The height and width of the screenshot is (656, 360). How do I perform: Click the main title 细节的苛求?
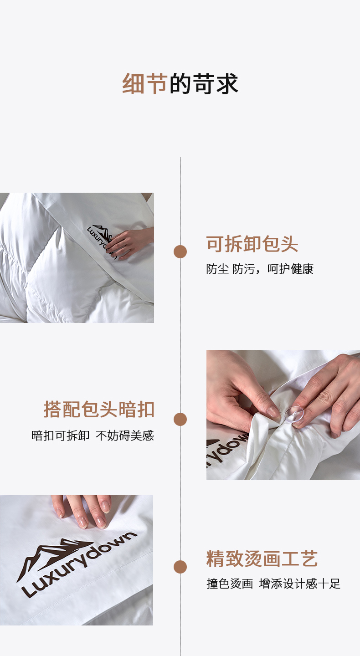180,84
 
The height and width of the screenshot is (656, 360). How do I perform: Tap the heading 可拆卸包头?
252,244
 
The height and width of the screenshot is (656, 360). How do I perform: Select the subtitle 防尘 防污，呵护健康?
260,269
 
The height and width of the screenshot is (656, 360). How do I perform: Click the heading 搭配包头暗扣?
99,409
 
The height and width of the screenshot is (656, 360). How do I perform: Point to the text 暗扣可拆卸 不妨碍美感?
93,436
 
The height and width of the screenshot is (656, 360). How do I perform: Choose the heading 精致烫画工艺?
262,559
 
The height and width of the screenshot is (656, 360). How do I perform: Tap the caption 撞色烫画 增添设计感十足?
273,584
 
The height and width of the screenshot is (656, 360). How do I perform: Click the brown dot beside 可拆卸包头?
180,251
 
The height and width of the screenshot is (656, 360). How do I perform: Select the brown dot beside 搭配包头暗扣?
180,420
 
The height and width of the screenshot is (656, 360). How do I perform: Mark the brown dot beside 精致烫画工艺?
180,567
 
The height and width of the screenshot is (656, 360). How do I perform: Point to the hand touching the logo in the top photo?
130,243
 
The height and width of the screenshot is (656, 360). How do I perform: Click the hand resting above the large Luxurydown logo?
82,510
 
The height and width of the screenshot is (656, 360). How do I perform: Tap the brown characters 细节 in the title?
145,84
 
